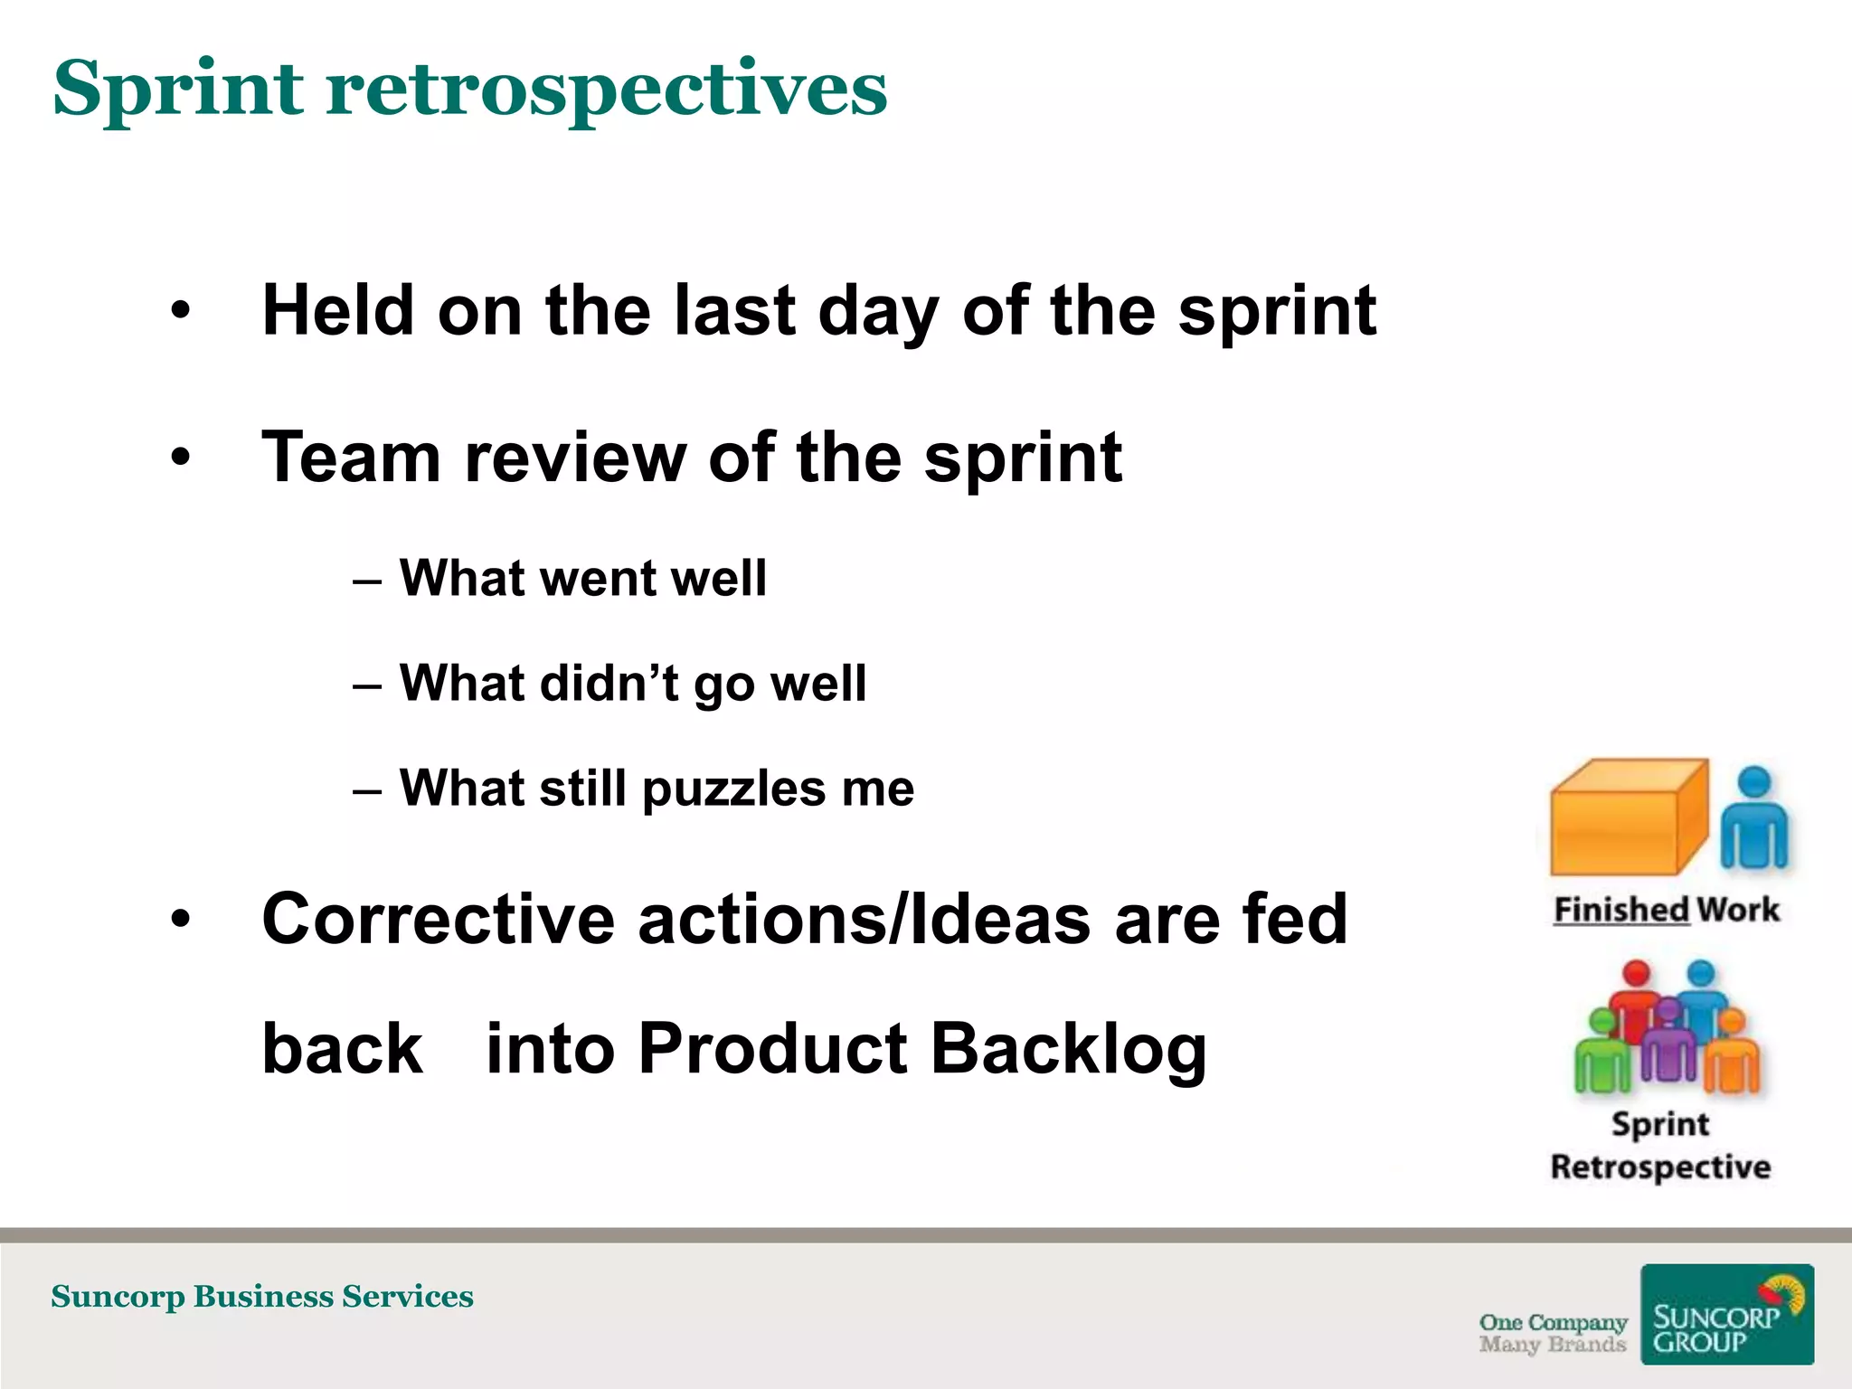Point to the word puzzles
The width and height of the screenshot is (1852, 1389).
click(x=733, y=789)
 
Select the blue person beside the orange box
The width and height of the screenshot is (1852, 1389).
click(x=1754, y=818)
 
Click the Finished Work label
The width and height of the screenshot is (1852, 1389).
click(x=1666, y=910)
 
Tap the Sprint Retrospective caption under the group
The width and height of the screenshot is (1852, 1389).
click(x=1660, y=1146)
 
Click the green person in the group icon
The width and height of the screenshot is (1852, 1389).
click(x=1602, y=1054)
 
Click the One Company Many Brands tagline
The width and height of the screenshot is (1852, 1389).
click(x=1552, y=1333)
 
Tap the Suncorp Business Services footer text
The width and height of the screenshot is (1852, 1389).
click(x=262, y=1297)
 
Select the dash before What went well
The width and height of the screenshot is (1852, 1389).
click(x=367, y=581)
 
